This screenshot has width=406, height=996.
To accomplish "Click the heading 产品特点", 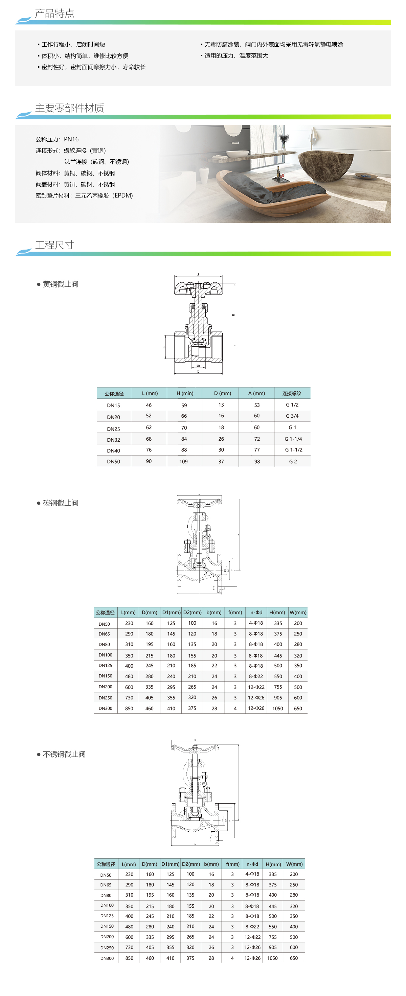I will coord(54,14).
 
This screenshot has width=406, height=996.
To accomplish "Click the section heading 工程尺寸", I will coord(54,245).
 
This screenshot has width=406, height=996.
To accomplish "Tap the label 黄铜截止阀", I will coord(60,284).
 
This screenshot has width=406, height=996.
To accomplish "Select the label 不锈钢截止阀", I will coord(64,754).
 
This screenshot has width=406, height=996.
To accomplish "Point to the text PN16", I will coord(71,139).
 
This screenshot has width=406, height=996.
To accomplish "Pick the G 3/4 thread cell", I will coord(292,416).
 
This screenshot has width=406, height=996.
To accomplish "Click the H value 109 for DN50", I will coord(184,461).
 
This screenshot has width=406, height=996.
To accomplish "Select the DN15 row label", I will coord(113,405).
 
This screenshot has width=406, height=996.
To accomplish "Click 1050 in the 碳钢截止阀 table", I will coord(278,708).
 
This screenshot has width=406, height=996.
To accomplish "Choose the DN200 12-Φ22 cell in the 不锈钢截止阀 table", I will coord(252,937).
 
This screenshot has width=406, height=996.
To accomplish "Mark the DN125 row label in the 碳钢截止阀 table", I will coord(105,666).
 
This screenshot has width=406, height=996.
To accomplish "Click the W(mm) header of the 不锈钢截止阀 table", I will coord(294,864).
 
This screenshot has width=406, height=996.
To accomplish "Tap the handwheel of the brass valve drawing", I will coord(198,288).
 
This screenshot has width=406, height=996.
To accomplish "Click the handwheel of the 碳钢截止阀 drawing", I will coord(199,502).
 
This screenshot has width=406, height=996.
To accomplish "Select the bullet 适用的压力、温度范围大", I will coord(236,56).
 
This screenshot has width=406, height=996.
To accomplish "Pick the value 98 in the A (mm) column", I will coord(257,461).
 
